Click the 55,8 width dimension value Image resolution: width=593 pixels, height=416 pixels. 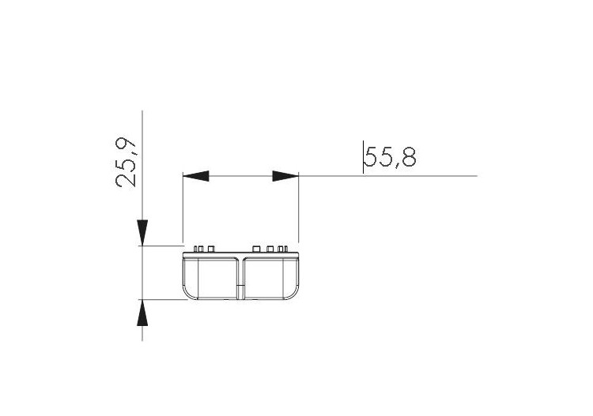pos(391,158)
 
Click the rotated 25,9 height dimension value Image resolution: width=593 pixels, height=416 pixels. pos(127,162)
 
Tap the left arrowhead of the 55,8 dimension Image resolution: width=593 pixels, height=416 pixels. pos(196,176)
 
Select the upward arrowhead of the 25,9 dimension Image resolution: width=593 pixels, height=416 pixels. pos(142,313)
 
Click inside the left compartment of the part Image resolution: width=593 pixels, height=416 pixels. pos(212,277)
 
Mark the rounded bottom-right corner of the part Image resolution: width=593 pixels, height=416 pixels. pos(294,295)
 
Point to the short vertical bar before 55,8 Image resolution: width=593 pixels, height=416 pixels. pos(363,157)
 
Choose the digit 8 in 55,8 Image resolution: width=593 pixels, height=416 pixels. pos(407,158)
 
